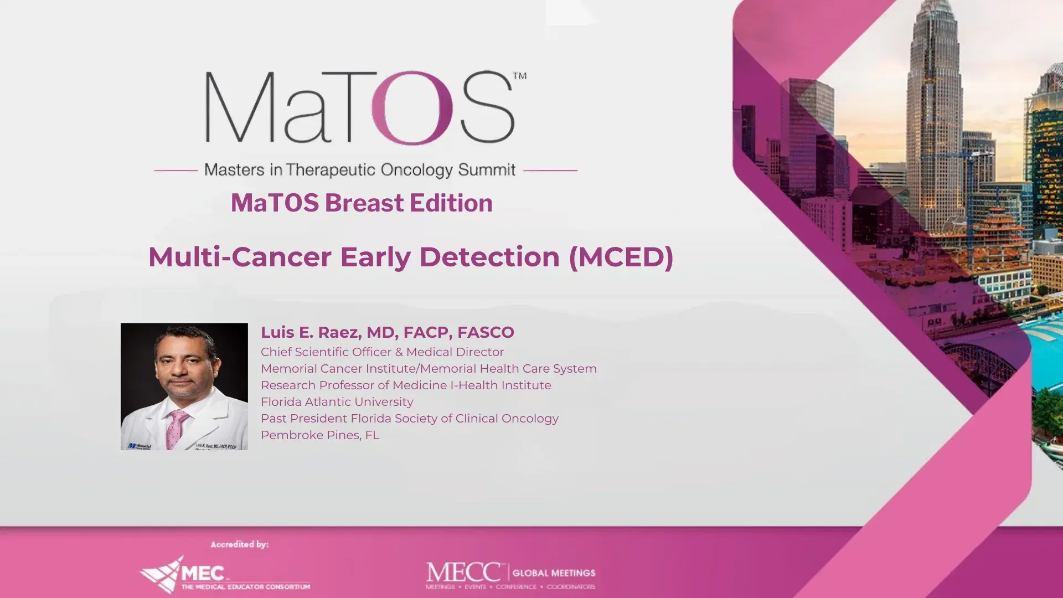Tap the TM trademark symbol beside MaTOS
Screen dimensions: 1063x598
[520, 76]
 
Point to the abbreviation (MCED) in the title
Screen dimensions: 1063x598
[621, 257]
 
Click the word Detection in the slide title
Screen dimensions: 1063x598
[489, 257]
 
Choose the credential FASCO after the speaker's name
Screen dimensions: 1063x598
[486, 332]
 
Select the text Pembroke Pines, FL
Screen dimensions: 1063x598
[320, 435]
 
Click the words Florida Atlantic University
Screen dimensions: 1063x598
[337, 402]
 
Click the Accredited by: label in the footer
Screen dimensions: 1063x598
[239, 544]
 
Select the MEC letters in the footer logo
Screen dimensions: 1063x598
[203, 573]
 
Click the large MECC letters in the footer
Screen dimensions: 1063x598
[464, 572]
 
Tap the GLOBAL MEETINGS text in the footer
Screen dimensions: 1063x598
[554, 573]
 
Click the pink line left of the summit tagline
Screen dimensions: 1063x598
[176, 171]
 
